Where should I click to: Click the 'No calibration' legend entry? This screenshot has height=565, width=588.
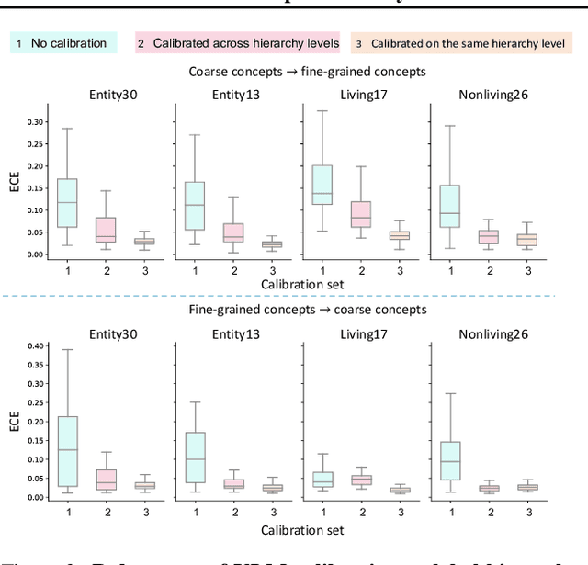[63, 43]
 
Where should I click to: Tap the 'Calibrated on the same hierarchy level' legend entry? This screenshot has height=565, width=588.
[463, 43]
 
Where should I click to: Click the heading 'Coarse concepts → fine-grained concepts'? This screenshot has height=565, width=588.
[295, 71]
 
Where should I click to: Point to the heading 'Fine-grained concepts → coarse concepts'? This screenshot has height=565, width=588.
[295, 310]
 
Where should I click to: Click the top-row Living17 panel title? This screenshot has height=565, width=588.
[361, 95]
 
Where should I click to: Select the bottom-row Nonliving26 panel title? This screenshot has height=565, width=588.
[490, 334]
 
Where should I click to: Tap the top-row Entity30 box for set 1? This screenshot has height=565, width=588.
[67, 202]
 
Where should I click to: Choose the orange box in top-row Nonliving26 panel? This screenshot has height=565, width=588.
[527, 240]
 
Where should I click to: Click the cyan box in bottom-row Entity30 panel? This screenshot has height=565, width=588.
[67, 451]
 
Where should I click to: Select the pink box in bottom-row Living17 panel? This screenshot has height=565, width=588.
[361, 480]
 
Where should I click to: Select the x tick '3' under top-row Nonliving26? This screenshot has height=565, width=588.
[527, 269]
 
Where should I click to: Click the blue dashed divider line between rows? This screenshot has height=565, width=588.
[294, 296]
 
